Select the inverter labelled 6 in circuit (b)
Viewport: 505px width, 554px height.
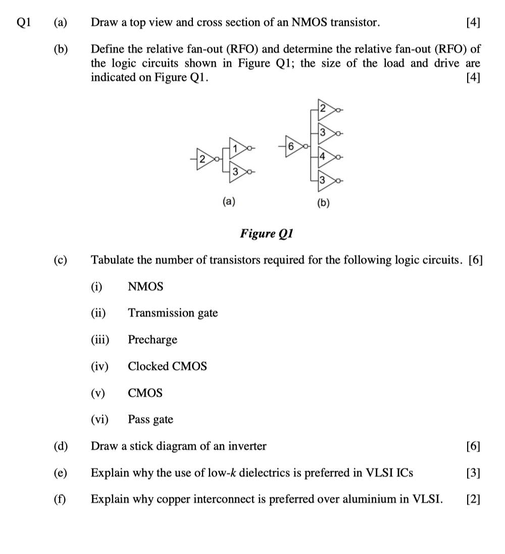click(x=292, y=146)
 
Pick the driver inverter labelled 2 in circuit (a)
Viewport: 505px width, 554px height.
click(x=204, y=159)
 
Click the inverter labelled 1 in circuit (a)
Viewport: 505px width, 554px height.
click(x=237, y=147)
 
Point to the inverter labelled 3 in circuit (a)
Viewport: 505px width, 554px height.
click(x=237, y=172)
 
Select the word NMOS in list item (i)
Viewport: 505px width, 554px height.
click(x=145, y=287)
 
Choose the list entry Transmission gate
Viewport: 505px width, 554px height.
click(x=173, y=313)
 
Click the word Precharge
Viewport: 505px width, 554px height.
click(x=153, y=340)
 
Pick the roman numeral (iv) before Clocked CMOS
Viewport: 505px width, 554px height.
click(x=99, y=366)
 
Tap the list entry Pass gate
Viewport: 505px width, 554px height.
click(x=150, y=419)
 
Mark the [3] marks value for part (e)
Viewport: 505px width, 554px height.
click(x=473, y=473)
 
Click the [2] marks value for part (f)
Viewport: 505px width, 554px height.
click(x=473, y=500)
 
